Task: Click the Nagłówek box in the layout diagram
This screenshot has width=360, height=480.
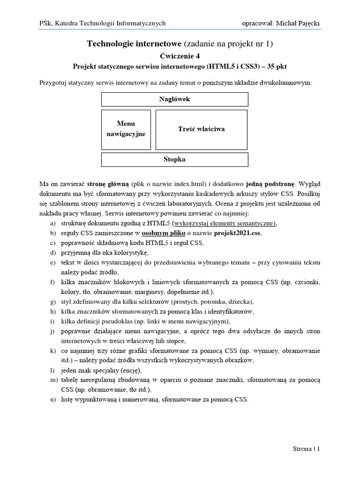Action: click(x=174, y=99)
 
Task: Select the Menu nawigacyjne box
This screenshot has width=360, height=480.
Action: click(x=126, y=129)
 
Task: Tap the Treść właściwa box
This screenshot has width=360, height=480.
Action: click(x=201, y=129)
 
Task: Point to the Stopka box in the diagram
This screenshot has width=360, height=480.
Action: click(x=174, y=159)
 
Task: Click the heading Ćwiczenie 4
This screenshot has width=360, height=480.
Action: click(x=180, y=56)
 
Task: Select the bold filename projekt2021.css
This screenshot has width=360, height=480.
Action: click(x=238, y=232)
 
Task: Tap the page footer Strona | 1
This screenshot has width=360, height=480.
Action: click(x=305, y=449)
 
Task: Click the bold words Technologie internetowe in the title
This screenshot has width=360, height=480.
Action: click(x=135, y=44)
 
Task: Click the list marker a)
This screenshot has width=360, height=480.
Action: click(x=53, y=223)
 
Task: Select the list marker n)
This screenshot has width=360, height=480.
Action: click(x=53, y=399)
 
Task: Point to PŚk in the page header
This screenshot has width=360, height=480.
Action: click(x=45, y=23)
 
